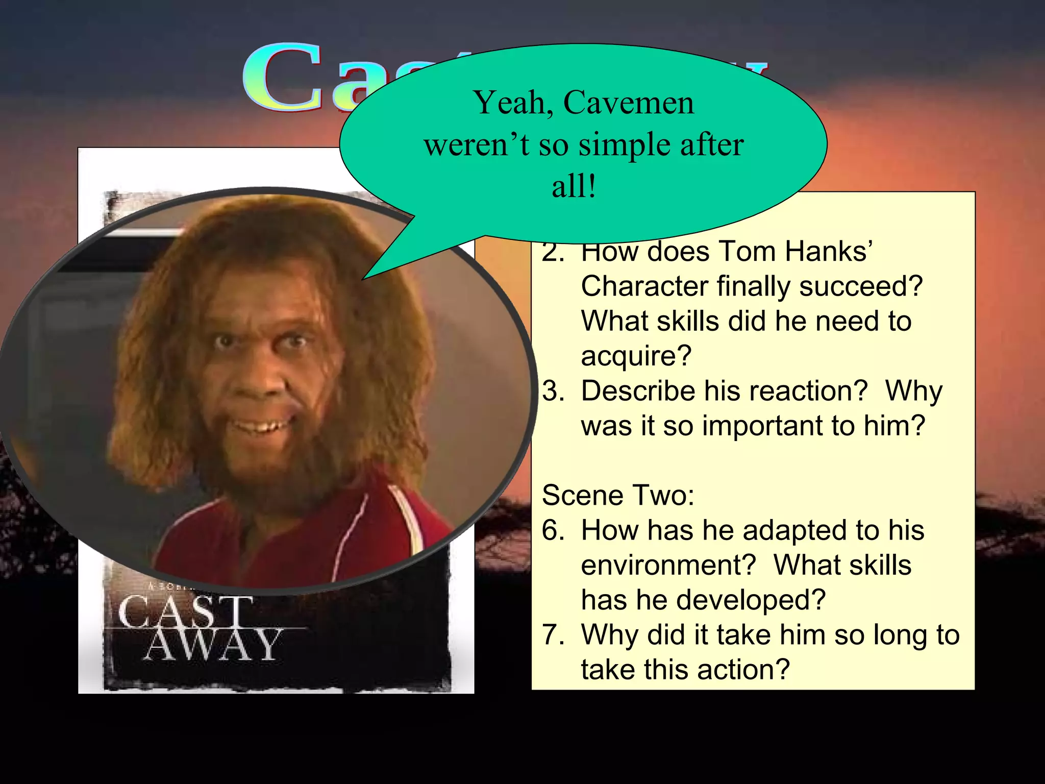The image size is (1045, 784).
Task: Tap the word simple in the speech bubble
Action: pos(625,145)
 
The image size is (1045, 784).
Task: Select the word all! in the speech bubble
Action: pos(574,186)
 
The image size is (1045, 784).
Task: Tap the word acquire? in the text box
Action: pos(636,356)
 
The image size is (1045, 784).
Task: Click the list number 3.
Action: pos(553,391)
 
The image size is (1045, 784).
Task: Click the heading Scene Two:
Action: pos(618,495)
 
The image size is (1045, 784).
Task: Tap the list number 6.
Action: pos(553,530)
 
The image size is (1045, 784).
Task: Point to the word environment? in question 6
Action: pos(668,565)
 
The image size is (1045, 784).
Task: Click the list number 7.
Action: pos(553,635)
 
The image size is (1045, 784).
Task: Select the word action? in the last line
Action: pos(743,670)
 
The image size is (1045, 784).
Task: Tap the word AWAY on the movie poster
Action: pos(212,645)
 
